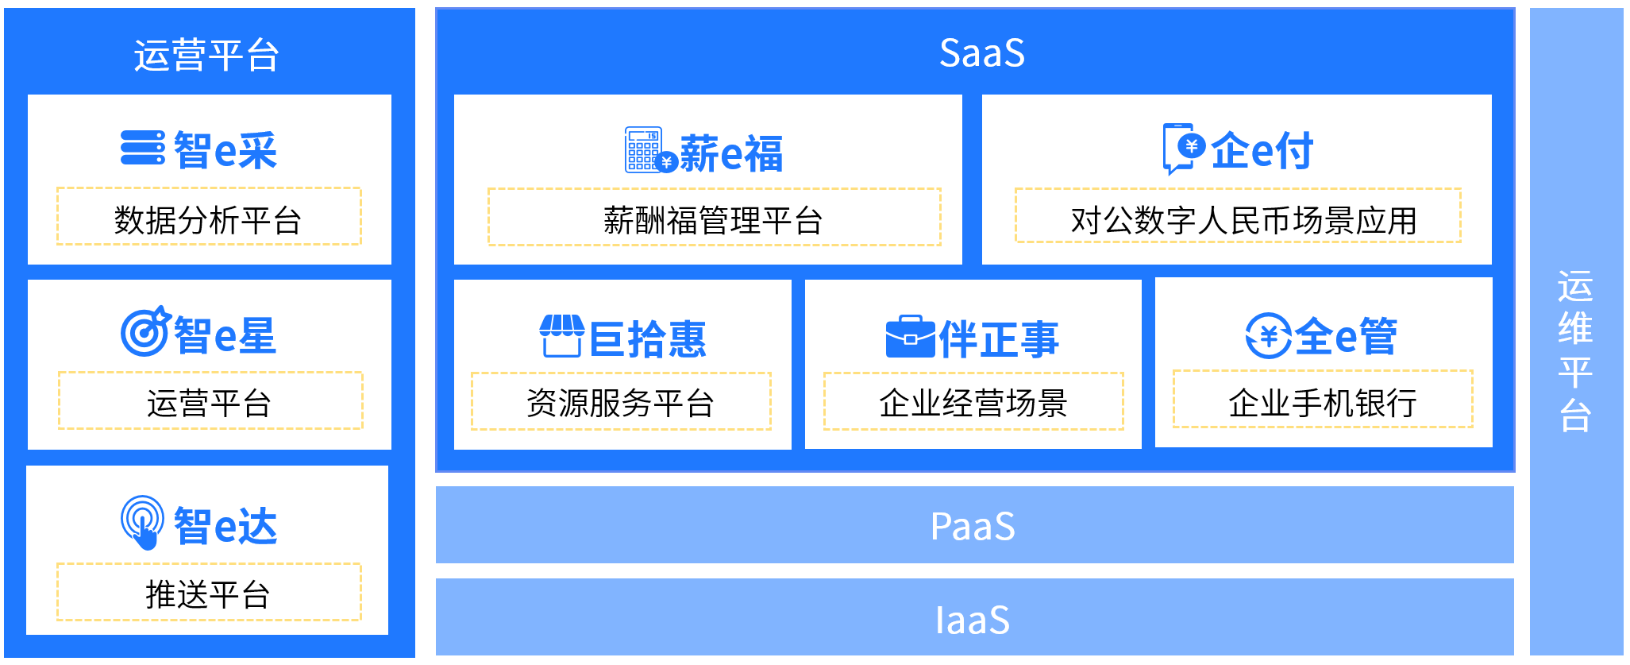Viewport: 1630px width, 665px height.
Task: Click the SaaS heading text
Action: tap(981, 53)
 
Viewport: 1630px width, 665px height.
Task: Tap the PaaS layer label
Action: tap(973, 526)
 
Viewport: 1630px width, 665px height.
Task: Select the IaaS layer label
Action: tap(973, 620)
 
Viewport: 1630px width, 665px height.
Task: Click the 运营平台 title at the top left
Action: tap(206, 56)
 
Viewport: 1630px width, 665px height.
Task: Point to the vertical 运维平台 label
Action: tap(1575, 350)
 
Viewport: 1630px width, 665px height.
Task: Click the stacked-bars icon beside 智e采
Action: tap(143, 149)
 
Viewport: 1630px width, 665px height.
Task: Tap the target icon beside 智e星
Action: tap(145, 332)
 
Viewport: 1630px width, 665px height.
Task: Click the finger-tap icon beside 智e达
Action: tap(143, 522)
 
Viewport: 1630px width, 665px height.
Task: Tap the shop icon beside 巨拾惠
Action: tap(561, 336)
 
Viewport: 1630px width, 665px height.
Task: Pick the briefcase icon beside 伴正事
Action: tap(909, 337)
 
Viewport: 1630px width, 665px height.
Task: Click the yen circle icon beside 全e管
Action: tap(1268, 335)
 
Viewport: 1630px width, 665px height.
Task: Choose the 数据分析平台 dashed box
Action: tap(209, 217)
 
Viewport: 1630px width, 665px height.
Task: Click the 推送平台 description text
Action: tap(209, 594)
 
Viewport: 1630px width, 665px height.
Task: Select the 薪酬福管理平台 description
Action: tap(713, 220)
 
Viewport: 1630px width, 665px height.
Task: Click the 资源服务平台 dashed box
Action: tap(621, 402)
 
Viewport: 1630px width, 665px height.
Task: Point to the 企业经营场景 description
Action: tap(973, 403)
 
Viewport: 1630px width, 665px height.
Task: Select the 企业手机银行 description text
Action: tap(1323, 403)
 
